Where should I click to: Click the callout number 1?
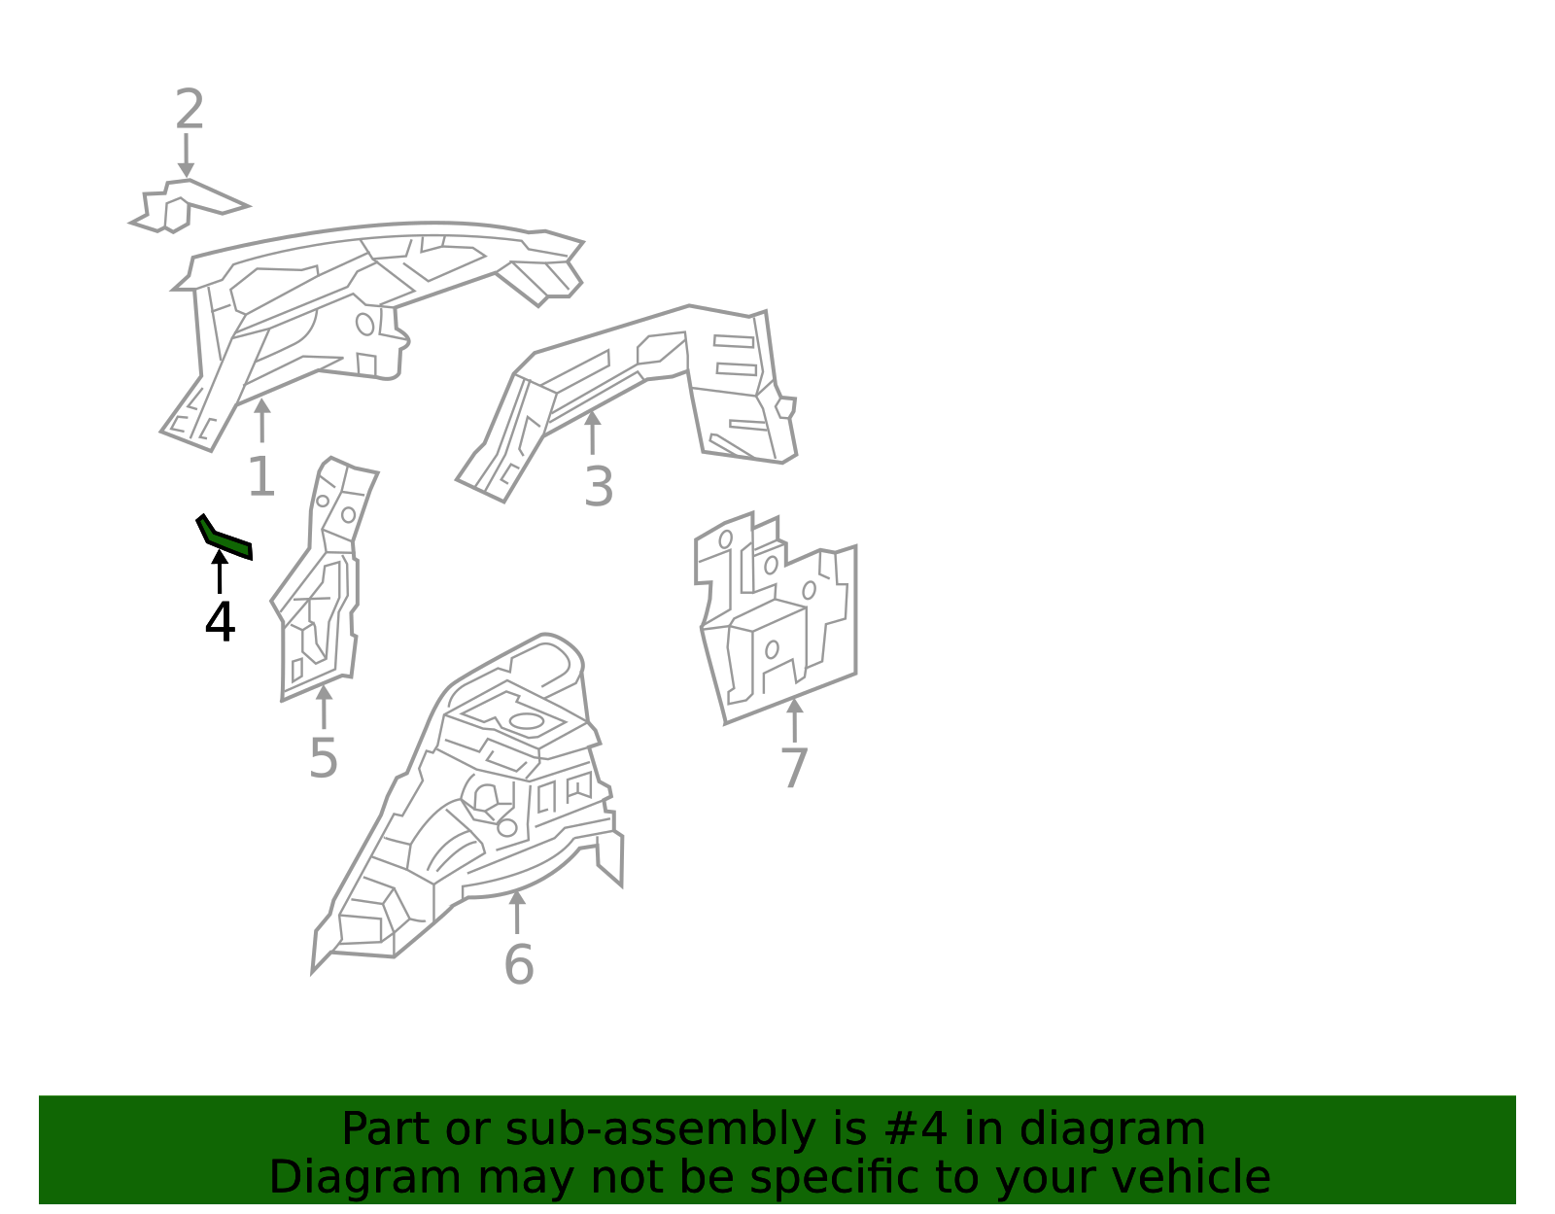coord(261,476)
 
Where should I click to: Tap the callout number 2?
coord(190,109)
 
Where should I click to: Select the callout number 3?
coord(599,486)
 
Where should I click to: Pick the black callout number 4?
coord(220,621)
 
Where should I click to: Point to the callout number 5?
coord(323,758)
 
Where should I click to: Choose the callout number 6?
coord(519,964)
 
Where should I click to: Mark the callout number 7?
coord(794,768)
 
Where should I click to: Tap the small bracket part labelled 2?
coord(188,205)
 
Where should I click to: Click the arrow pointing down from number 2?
coord(186,156)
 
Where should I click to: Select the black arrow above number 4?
coord(220,571)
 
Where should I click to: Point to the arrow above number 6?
coord(517,912)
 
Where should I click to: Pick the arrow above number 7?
coord(794,720)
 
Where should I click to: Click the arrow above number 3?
coord(593,433)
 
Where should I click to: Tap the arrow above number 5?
coord(325,707)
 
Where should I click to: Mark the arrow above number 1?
coord(262,421)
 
